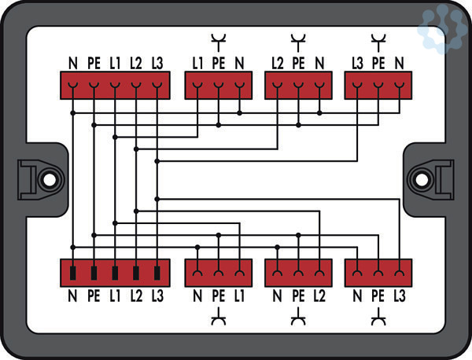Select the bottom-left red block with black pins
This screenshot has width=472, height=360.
coord(115,273)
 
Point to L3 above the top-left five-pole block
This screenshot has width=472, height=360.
coord(157,61)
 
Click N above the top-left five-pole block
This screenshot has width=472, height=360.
coord(72,61)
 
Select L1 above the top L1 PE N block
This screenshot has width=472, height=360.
coord(197,61)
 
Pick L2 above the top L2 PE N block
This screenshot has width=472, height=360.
coord(278,61)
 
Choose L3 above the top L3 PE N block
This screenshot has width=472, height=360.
coord(358,61)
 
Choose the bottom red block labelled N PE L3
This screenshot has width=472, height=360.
coord(378,273)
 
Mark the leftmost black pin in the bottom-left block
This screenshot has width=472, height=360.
coord(72,274)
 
